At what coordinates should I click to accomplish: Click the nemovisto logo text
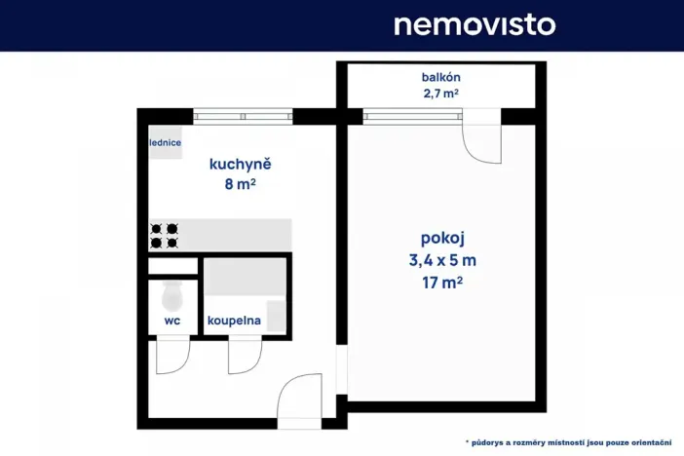click(x=475, y=24)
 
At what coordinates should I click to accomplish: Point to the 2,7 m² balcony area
click(x=441, y=95)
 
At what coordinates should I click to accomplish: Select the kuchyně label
click(x=240, y=164)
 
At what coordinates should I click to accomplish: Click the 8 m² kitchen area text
click(x=240, y=183)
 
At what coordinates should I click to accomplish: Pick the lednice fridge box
click(x=165, y=143)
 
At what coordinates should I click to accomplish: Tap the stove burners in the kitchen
click(x=164, y=235)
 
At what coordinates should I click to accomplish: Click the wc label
click(x=172, y=319)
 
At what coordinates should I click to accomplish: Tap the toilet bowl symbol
click(x=173, y=292)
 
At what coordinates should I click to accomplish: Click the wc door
click(x=171, y=355)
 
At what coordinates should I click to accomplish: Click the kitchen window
click(x=243, y=116)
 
